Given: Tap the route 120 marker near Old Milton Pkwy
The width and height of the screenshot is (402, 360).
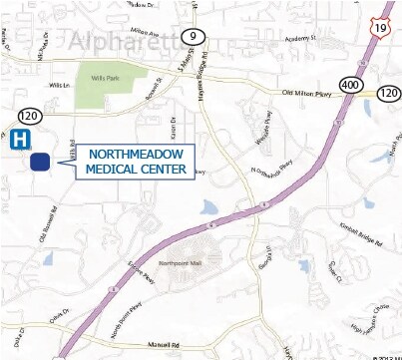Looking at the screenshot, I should click(x=388, y=93).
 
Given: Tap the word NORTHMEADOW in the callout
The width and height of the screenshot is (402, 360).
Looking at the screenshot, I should click(x=136, y=155).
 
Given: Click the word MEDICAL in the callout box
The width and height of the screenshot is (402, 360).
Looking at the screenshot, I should click(x=111, y=171).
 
